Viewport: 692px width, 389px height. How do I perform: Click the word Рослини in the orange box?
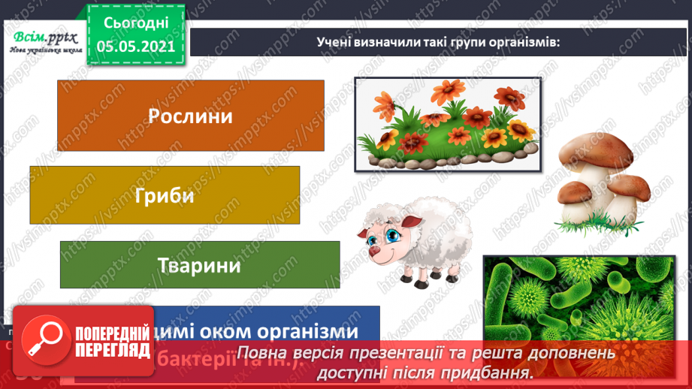pyautogui.click(x=190, y=116)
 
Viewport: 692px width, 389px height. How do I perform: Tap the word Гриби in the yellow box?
pyautogui.click(x=165, y=196)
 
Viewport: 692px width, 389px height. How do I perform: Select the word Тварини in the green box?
pyautogui.click(x=199, y=266)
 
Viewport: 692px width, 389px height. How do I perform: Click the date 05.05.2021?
pyautogui.click(x=135, y=46)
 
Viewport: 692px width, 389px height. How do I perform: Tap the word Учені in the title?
pyautogui.click(x=335, y=42)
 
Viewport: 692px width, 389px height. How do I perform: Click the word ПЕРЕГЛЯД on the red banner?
pyautogui.click(x=113, y=350)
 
